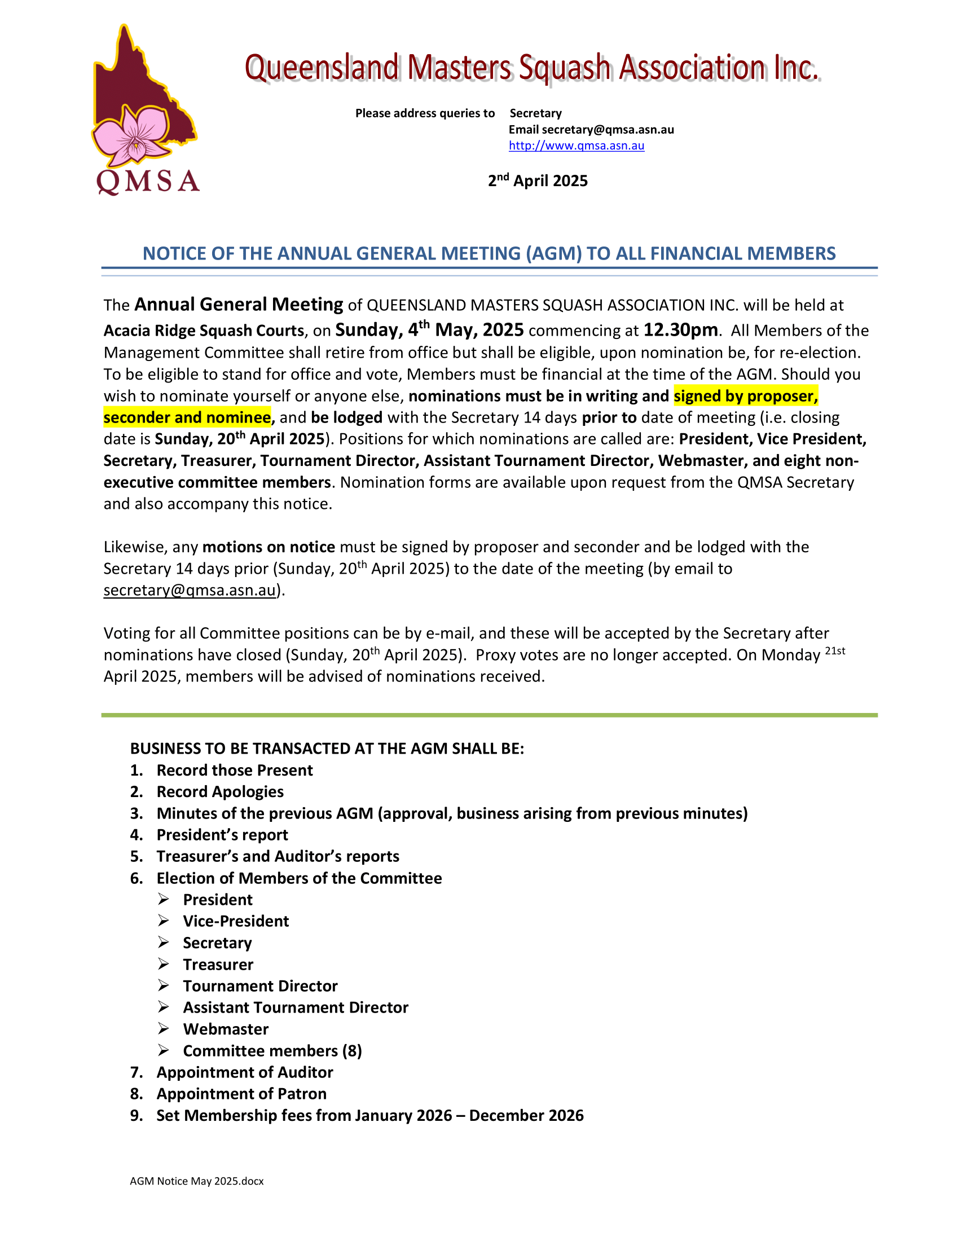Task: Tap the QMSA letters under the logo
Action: tap(148, 182)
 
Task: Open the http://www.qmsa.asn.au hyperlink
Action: tap(576, 146)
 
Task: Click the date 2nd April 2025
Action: tap(538, 181)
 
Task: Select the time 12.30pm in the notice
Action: tap(680, 330)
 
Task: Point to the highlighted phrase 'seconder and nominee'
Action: tap(187, 417)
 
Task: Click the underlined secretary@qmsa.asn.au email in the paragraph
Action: tap(189, 591)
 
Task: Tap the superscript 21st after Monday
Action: tap(834, 651)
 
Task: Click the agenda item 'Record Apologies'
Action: tap(220, 791)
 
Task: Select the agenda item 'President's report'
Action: tap(222, 835)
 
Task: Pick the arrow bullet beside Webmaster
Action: tap(164, 1028)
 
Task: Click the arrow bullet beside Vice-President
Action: tap(164, 921)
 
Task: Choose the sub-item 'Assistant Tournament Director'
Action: tap(296, 1007)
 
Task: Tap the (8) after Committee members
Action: tap(351, 1051)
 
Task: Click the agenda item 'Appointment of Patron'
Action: tap(241, 1094)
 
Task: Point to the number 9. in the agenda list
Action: tap(137, 1115)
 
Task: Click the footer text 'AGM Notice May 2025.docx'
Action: tap(196, 1181)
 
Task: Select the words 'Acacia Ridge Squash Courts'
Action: tap(204, 331)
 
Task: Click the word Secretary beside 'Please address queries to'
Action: tap(535, 113)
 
